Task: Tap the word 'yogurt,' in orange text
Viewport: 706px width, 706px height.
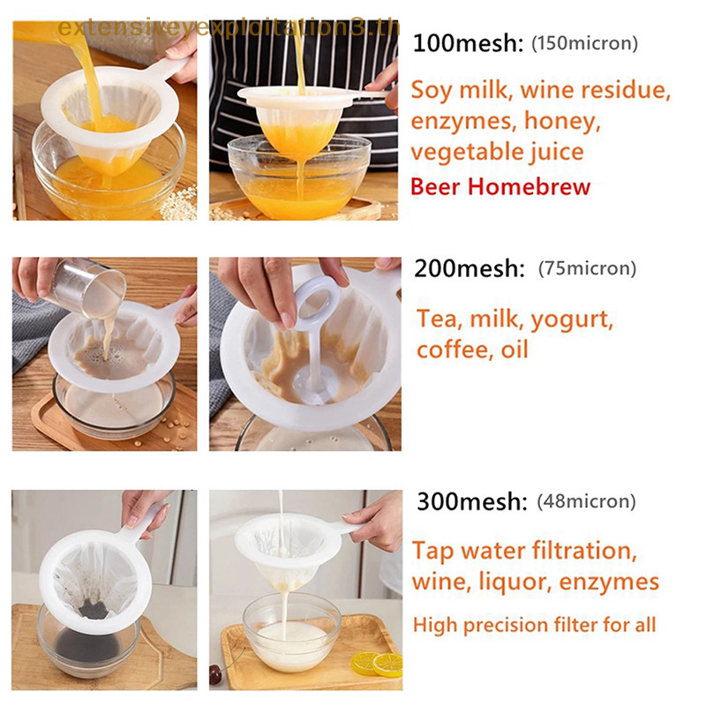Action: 565,318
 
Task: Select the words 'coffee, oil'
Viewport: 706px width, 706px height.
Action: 472,349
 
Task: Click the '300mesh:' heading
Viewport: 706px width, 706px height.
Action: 469,502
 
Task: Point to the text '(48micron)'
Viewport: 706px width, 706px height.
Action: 586,502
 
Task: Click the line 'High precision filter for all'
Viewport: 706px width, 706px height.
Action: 534,626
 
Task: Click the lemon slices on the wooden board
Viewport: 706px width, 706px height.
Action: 374,664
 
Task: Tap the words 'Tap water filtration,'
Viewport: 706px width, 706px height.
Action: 523,552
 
